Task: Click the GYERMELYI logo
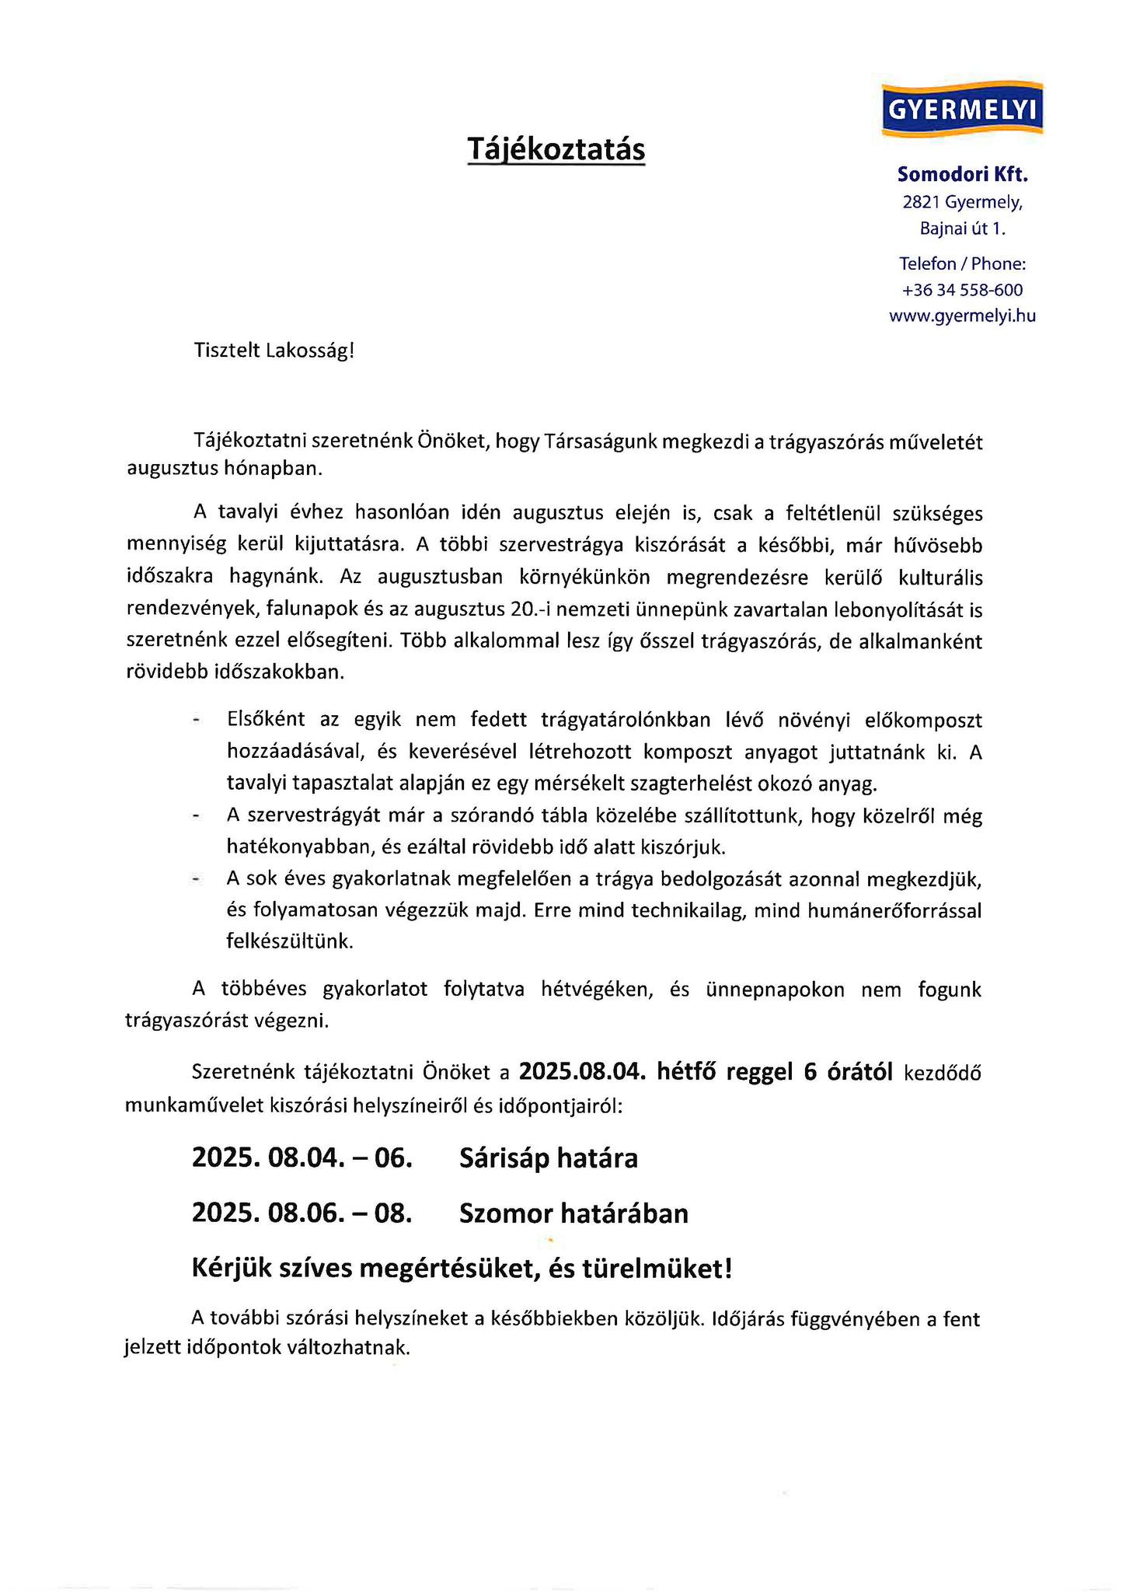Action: point(962,110)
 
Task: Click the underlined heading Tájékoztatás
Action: point(556,148)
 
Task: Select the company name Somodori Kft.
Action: point(962,175)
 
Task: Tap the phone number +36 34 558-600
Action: point(962,291)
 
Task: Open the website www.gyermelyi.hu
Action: point(962,316)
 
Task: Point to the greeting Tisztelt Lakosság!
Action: point(274,351)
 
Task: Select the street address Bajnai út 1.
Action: point(962,229)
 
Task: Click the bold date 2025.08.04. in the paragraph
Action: point(582,1073)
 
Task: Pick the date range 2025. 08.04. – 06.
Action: point(302,1158)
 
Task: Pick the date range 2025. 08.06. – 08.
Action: point(302,1213)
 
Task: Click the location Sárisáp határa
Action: point(548,1158)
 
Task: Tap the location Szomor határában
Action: point(573,1213)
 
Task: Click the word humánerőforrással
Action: point(894,911)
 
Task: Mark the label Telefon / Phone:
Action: point(962,264)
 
